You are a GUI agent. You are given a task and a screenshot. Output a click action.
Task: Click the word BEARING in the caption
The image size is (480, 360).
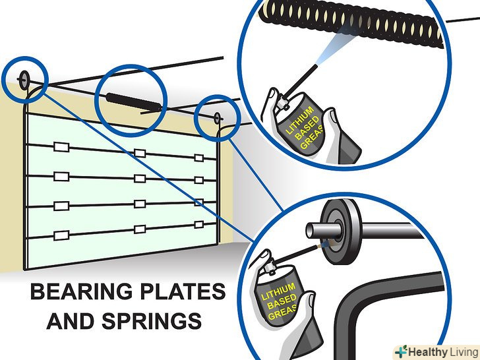pos(82,291)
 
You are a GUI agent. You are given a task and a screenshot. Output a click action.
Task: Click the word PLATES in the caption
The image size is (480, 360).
pos(183,291)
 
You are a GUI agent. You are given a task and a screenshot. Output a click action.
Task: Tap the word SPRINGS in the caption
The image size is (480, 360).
pos(152,321)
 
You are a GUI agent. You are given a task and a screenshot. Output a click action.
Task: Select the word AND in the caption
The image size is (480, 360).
pos(70,321)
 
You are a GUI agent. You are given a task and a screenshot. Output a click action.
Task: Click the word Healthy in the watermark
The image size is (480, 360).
pos(428,352)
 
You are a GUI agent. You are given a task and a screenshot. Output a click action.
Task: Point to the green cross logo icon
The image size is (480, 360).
pos(402,351)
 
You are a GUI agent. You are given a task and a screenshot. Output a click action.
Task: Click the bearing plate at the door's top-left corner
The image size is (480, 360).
pos(24,80)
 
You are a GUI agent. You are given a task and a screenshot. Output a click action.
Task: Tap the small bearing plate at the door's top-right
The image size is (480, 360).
pos(217,117)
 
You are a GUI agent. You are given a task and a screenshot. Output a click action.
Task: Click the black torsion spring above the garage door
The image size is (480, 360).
pos(134,102)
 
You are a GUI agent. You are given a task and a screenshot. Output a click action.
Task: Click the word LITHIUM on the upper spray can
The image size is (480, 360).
pos(299,121)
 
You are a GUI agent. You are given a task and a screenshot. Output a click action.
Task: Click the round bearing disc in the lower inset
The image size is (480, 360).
pos(341,231)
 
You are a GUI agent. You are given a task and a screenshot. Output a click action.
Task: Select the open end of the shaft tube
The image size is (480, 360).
pos(309,231)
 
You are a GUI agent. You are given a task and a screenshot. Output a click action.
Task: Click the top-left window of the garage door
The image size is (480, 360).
pos(61,147)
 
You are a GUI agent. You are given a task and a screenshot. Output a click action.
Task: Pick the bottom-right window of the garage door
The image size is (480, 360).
pos(199,225)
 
